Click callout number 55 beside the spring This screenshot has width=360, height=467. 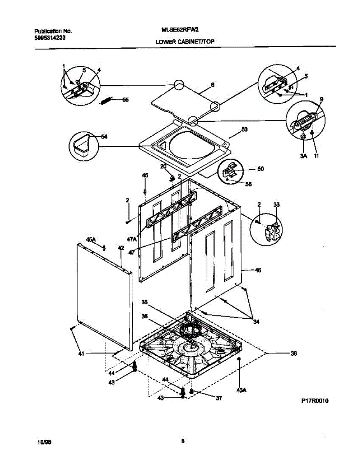coord(125,100)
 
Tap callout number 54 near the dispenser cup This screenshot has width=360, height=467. coord(104,137)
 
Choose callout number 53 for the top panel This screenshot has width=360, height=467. coord(244,129)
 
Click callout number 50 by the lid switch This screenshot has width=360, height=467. coord(260,169)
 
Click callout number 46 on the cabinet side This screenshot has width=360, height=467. coord(258,270)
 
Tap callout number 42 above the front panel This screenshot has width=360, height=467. coord(121,248)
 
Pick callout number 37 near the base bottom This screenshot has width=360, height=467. coord(219,398)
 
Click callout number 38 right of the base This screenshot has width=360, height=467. coord(294,354)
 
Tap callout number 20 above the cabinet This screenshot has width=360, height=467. coord(163,166)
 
